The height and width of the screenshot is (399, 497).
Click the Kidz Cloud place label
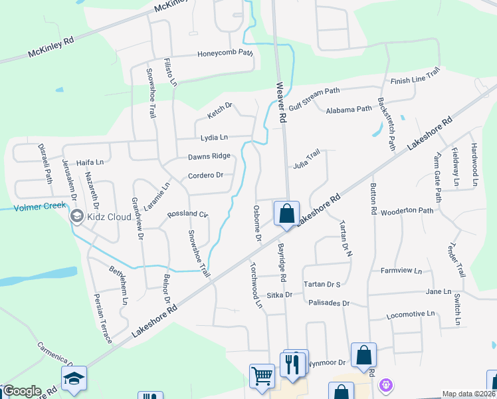pyautogui.click(x=104, y=217)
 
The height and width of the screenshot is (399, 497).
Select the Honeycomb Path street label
pyautogui.click(x=225, y=53)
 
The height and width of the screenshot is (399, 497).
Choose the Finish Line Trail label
pyautogui.click(x=415, y=78)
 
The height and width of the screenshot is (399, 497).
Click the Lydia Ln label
pyautogui.click(x=214, y=138)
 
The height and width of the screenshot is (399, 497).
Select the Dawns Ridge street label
pyautogui.click(x=209, y=156)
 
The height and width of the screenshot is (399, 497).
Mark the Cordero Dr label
pyautogui.click(x=205, y=176)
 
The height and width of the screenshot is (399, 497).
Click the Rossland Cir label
pyautogui.click(x=188, y=214)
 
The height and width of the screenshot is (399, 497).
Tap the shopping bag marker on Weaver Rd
pyautogui.click(x=286, y=214)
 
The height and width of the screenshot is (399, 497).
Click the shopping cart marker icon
pyautogui.click(x=262, y=376)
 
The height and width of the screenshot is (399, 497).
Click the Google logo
pyautogui.click(x=21, y=391)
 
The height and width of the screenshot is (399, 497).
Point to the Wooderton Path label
pyautogui.click(x=407, y=210)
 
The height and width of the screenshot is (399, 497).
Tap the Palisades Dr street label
pyautogui.click(x=329, y=303)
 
